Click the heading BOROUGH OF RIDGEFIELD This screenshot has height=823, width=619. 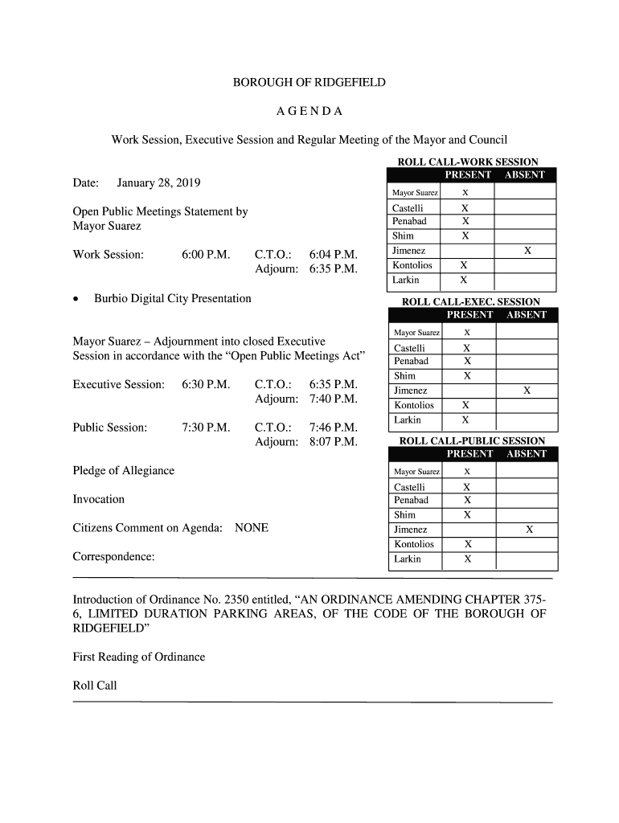click(x=309, y=83)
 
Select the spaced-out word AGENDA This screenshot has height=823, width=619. click(x=309, y=111)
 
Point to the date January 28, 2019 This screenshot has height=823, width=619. click(x=158, y=183)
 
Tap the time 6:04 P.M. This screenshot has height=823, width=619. click(x=333, y=255)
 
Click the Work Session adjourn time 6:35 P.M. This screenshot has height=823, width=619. click(x=333, y=268)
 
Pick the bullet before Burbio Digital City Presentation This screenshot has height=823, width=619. click(x=76, y=299)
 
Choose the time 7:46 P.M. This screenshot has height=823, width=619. click(x=333, y=428)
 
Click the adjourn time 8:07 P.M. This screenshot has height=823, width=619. click(x=333, y=441)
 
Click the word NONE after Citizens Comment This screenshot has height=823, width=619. click(x=252, y=528)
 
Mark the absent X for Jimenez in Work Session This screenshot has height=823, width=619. click(x=527, y=251)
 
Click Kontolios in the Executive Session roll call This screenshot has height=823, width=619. click(x=414, y=406)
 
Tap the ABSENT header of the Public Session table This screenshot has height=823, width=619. click(x=527, y=454)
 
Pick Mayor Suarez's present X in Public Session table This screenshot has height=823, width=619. click(x=467, y=472)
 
